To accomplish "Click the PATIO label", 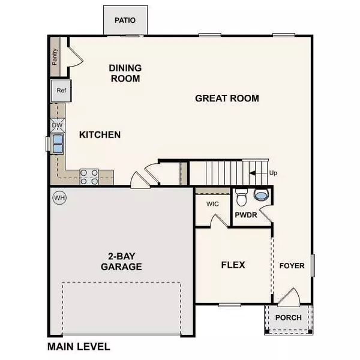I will (x=125, y=20).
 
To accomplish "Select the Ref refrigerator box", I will (x=61, y=91).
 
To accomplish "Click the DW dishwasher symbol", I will (x=57, y=125).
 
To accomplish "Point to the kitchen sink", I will (x=58, y=144).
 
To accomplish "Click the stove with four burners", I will (x=89, y=176).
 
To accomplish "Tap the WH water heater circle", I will (x=59, y=197).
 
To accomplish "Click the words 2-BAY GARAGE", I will (x=121, y=262).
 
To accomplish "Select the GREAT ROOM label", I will (x=227, y=98).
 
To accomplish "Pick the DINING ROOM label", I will (x=125, y=73).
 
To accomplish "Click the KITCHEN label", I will (x=100, y=135).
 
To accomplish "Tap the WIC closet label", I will (x=212, y=204).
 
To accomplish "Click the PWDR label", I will (x=246, y=214).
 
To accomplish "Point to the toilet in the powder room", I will (x=242, y=197).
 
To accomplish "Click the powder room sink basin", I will (x=261, y=195).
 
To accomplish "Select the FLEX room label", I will (x=233, y=265).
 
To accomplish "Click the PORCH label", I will (x=287, y=318).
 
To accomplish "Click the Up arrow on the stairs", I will (x=259, y=173).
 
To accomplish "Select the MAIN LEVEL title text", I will (x=78, y=347).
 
